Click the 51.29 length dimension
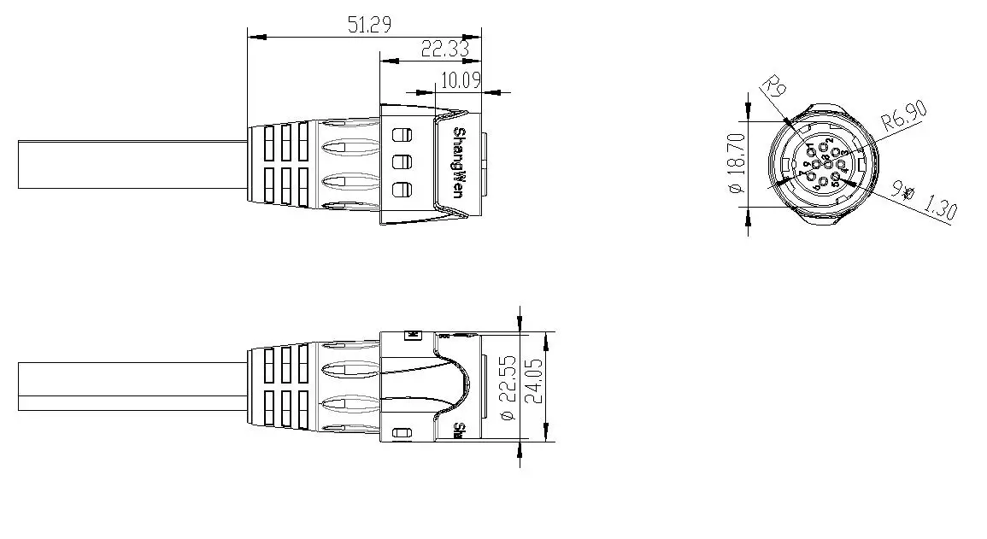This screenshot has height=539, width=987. [369, 25]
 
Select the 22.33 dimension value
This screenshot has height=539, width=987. [445, 50]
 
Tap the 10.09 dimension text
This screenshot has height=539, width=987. [460, 81]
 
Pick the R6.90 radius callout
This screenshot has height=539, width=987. [904, 115]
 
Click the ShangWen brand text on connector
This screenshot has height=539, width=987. [459, 163]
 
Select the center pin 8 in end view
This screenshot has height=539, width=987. [815, 165]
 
